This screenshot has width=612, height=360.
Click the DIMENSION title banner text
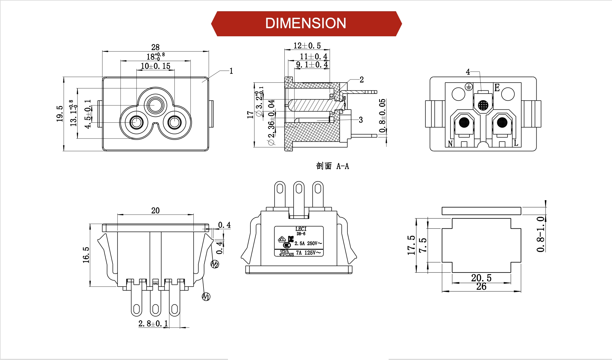[x=305, y=23]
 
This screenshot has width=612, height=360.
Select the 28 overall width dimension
[x=155, y=47]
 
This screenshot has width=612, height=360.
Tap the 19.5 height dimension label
[x=60, y=113]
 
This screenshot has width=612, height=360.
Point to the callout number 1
[x=231, y=71]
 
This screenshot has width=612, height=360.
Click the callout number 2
[x=362, y=80]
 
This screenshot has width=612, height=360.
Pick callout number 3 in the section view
[x=361, y=120]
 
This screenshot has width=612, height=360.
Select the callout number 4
[x=468, y=72]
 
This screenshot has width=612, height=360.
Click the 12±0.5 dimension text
[x=307, y=46]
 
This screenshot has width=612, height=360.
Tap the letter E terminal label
[x=497, y=88]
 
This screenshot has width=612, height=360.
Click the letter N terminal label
[x=450, y=143]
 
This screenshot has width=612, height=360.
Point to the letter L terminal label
[x=516, y=143]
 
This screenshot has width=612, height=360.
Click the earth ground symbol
[x=469, y=86]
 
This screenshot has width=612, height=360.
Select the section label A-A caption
[x=332, y=166]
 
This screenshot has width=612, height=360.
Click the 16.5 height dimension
[x=86, y=255]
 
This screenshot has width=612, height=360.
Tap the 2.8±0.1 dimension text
[x=153, y=324]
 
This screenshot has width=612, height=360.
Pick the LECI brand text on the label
[x=301, y=229]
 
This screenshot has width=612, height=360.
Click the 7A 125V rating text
[x=308, y=253]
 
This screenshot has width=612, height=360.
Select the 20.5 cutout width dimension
[x=481, y=278]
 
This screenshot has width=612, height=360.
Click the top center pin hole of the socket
[x=155, y=105]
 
